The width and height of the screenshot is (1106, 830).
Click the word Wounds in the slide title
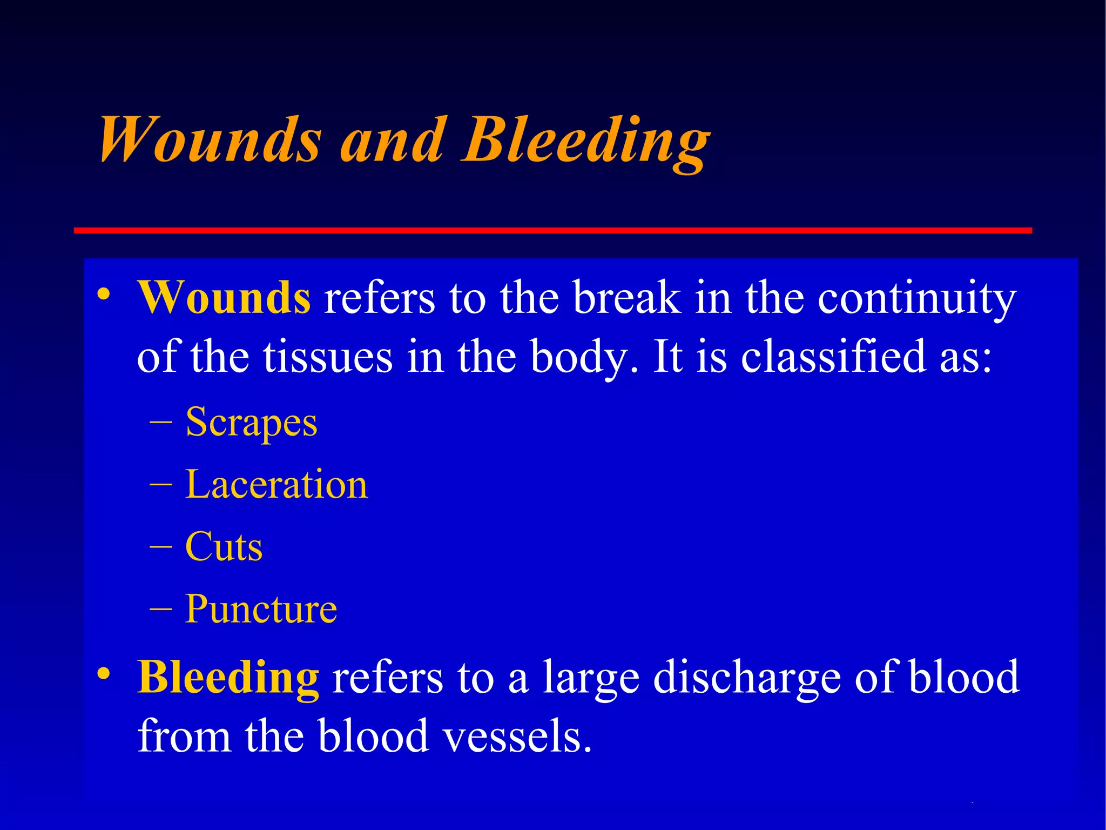pyautogui.click(x=211, y=139)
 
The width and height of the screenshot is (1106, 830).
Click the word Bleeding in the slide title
pyautogui.click(x=586, y=142)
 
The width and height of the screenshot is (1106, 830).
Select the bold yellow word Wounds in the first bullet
pyautogui.click(x=224, y=298)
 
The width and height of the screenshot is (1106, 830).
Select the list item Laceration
pyautogui.click(x=276, y=484)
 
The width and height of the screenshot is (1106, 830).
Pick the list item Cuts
pyautogui.click(x=224, y=547)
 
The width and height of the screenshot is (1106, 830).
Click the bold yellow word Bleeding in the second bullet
pyautogui.click(x=228, y=678)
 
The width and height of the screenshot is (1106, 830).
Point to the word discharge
pyautogui.click(x=747, y=679)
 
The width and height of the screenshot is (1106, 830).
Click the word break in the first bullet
pyautogui.click(x=626, y=298)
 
